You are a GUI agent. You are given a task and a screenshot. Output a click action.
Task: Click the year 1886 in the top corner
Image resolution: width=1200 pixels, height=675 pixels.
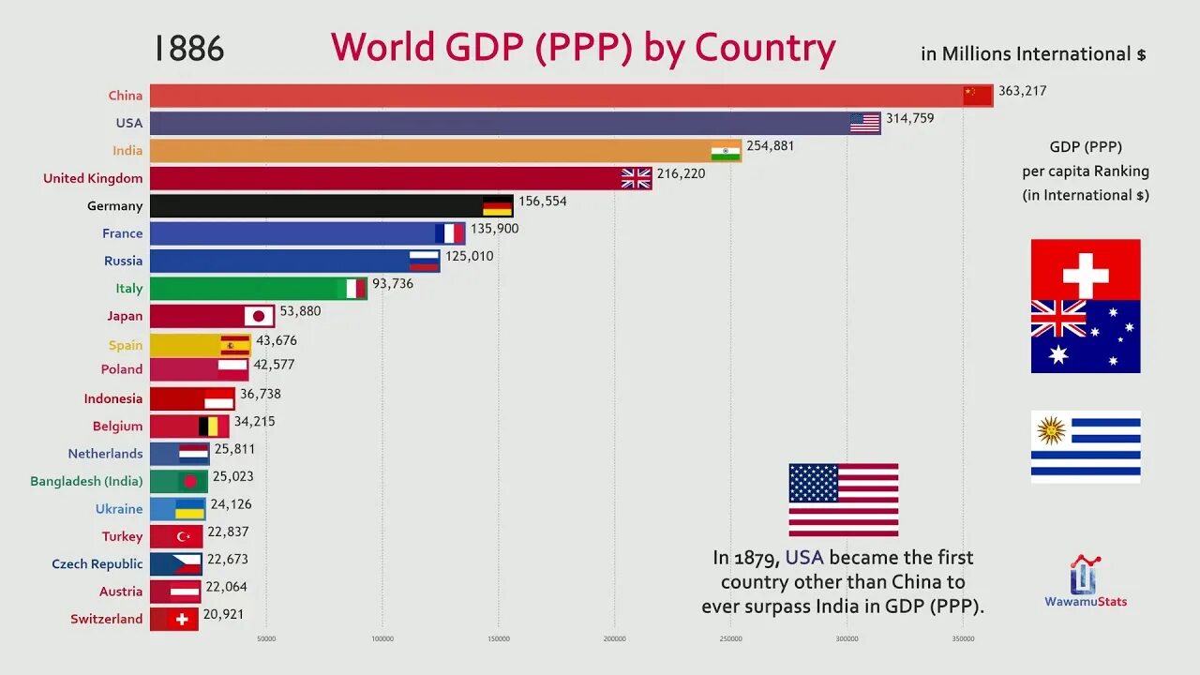click(189, 49)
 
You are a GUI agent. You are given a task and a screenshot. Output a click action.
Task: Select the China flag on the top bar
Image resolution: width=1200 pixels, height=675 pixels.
click(977, 95)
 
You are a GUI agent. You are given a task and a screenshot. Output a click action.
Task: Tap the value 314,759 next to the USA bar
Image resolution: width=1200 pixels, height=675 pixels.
click(909, 118)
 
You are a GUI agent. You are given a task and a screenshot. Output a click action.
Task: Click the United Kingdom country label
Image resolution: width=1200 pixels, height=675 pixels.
click(93, 178)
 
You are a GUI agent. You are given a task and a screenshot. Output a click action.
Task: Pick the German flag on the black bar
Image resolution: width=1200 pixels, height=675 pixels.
click(497, 206)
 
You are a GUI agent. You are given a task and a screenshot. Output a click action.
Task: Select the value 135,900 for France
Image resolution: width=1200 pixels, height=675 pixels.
click(494, 228)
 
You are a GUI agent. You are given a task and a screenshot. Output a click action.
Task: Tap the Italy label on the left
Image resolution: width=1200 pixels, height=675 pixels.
click(129, 288)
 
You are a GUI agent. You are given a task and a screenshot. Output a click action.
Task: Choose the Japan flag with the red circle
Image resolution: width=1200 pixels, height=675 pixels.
click(259, 316)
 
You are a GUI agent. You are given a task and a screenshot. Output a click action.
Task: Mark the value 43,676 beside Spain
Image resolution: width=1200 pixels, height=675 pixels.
click(277, 340)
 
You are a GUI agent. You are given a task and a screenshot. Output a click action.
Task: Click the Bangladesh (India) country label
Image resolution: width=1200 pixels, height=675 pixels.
click(86, 481)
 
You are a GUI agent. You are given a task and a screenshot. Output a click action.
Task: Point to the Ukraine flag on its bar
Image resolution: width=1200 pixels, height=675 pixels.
click(190, 509)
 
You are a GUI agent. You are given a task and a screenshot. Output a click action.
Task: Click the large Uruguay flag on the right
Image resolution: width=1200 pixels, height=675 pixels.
click(1086, 446)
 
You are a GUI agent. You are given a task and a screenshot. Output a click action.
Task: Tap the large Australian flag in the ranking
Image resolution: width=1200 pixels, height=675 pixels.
click(1086, 337)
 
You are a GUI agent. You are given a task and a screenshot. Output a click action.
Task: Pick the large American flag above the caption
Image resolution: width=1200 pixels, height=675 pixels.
click(844, 499)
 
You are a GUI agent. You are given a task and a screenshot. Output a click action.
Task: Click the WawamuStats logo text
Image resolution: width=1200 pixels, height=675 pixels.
click(1086, 601)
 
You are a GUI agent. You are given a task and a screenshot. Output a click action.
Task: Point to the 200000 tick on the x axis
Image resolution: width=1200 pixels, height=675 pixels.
click(615, 639)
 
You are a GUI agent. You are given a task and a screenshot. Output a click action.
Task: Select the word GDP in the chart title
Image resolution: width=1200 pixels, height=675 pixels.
click(478, 49)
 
